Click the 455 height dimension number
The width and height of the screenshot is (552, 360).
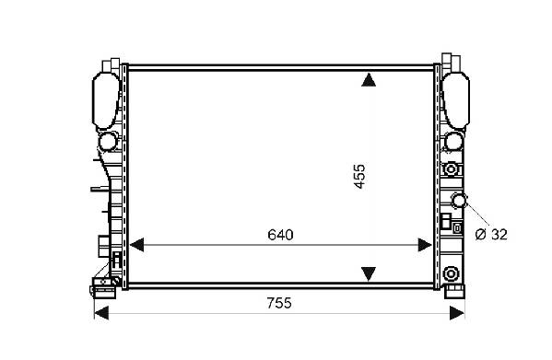[359, 177]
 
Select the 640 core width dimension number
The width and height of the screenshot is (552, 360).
[280, 235]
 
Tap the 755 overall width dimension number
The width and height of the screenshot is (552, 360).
[279, 303]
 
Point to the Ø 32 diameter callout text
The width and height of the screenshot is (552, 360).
[491, 235]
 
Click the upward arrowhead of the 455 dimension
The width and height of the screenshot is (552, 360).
[369, 79]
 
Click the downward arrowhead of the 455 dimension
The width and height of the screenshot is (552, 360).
[369, 273]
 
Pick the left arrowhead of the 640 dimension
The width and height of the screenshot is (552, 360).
[136, 245]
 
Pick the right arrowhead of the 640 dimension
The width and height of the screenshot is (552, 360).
[425, 245]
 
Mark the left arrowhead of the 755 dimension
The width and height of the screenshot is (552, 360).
[101, 313]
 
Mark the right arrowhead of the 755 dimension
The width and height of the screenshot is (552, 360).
[457, 313]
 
